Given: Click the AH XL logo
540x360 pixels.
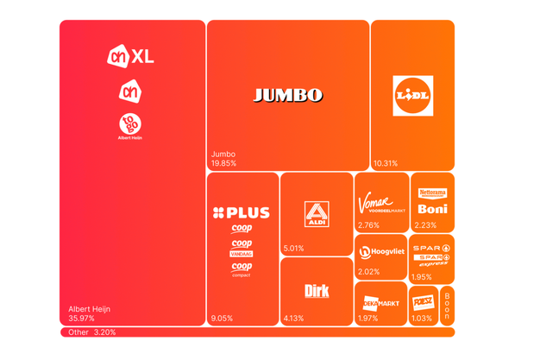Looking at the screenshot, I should click(x=130, y=57).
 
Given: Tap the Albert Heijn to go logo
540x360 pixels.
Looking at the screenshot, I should click(x=130, y=125).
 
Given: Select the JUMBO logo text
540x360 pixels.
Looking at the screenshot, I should click(x=288, y=95).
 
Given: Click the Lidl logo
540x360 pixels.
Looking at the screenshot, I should click(x=412, y=96).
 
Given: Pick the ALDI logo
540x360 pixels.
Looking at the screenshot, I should click(x=317, y=214).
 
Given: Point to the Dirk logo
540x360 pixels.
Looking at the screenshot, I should click(x=317, y=292).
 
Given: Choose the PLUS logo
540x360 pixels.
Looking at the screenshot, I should click(x=242, y=212).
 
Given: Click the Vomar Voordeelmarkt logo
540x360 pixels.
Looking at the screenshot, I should click(x=381, y=205).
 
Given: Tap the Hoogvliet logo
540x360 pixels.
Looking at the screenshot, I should click(x=382, y=252).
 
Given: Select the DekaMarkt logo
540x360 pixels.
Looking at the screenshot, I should click(x=380, y=303).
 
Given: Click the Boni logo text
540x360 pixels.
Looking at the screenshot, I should click(x=432, y=209).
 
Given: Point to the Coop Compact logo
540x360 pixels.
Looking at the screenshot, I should click(x=242, y=269).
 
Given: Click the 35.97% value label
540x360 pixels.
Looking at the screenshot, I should click(x=82, y=319).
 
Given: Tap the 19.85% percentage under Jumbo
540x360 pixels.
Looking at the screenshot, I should click(x=223, y=163).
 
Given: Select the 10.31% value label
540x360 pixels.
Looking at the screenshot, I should click(x=386, y=163).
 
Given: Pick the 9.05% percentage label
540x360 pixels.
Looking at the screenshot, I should click(x=223, y=319).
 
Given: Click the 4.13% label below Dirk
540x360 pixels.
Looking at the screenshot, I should click(x=294, y=319).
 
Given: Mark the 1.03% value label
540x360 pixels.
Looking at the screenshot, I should click(x=422, y=319).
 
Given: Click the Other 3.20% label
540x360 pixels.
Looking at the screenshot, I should click(x=92, y=332).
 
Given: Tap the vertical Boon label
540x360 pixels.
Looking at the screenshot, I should click(x=447, y=306).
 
